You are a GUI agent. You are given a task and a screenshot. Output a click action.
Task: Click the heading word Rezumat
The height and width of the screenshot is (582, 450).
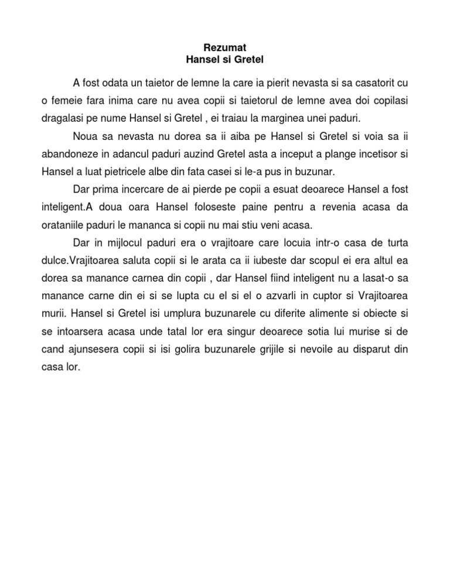(224, 47)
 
